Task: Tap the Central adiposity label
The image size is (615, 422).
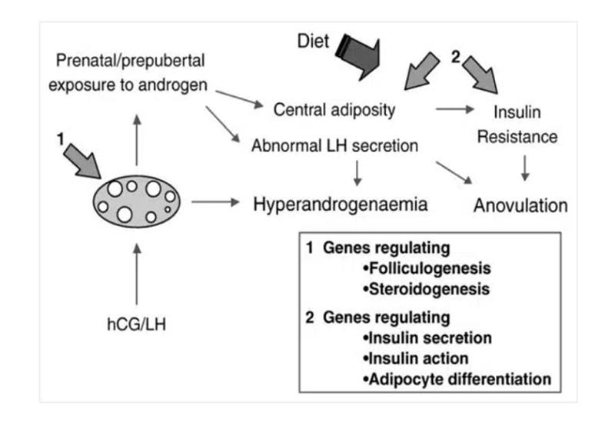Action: tap(334, 110)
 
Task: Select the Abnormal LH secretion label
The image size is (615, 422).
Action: tap(334, 145)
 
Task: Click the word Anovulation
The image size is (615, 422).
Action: tap(520, 206)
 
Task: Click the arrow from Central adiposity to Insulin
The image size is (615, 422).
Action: tap(454, 110)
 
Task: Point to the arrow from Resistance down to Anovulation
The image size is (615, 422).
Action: tap(525, 168)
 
